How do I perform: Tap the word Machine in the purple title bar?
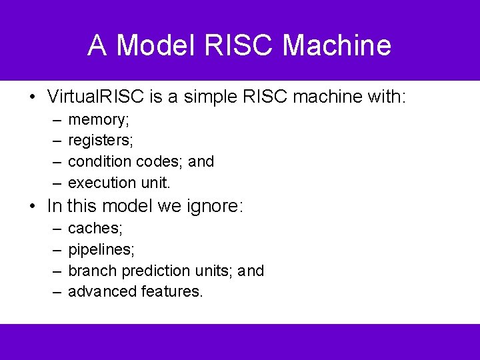click(337, 45)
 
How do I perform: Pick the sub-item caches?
click(95, 229)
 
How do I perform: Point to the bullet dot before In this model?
click(32, 207)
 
